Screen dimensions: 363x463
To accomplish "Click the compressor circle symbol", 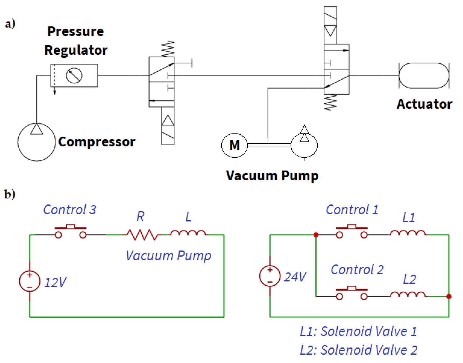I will tap(36, 142).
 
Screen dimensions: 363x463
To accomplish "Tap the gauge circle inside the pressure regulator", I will tap(74, 76).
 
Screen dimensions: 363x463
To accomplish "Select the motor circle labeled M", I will tap(234, 145).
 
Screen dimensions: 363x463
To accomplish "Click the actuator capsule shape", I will tap(424, 76).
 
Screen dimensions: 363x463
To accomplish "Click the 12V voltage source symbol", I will tap(30, 281).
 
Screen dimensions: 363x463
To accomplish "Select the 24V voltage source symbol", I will tap(270, 276).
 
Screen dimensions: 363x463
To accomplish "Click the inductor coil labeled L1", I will tap(408, 233).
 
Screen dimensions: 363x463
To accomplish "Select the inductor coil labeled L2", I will tap(408, 294).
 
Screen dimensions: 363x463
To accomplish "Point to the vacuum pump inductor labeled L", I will tap(188, 233).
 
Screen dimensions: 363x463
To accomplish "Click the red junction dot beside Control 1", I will tap(316, 235).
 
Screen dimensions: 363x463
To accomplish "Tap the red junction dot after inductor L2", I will tap(449, 297).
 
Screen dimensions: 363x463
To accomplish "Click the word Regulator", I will tap(76, 50).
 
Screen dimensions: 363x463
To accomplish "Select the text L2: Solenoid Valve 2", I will tap(359, 350).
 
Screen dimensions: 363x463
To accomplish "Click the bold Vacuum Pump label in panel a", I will tap(272, 176).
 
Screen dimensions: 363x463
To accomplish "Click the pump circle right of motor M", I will tap(304, 145).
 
